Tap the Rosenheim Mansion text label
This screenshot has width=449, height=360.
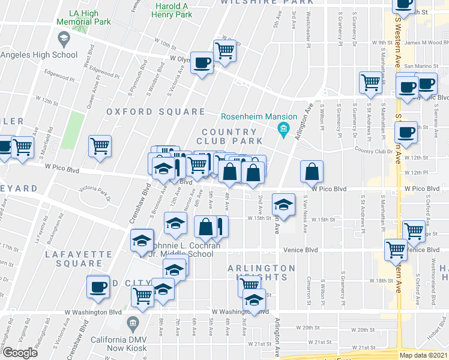[x=259, y=117]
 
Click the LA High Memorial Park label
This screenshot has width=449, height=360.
[x=83, y=17]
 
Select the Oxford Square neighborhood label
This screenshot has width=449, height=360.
[x=156, y=112]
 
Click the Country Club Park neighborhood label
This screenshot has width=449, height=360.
[x=232, y=136]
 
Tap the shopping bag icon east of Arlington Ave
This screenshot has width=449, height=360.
[x=312, y=172]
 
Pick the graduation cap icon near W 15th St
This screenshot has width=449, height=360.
[x=283, y=205]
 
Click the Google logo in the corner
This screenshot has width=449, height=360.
[x=19, y=353]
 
